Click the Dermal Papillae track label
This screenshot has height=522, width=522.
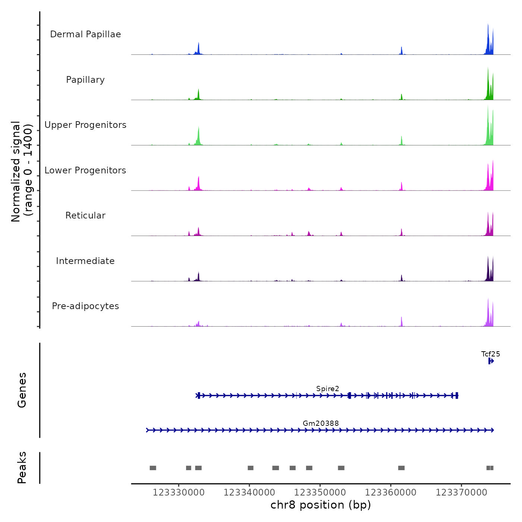pyautogui.click(x=85, y=34)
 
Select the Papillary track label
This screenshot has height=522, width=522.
pyautogui.click(x=85, y=80)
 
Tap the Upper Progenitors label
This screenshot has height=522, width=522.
pyautogui.click(x=85, y=125)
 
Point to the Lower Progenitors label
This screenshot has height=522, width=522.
pyautogui.click(x=85, y=170)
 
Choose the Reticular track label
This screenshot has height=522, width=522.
pyautogui.click(x=85, y=216)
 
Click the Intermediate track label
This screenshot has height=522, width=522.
pyautogui.click(x=85, y=261)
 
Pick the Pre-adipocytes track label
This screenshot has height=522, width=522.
pyautogui.click(x=85, y=306)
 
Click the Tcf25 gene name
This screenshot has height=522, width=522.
pyautogui.click(x=491, y=354)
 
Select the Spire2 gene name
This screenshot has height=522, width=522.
pyautogui.click(x=328, y=389)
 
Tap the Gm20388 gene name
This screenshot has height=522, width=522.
pyautogui.click(x=321, y=424)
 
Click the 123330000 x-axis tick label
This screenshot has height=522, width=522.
pyautogui.click(x=179, y=493)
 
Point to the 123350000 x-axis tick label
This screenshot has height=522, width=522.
pyautogui.click(x=320, y=493)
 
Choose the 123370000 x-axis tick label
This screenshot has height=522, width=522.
pyautogui.click(x=461, y=493)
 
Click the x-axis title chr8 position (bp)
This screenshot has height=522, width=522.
pyautogui.click(x=321, y=505)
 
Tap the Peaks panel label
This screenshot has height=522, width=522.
pyautogui.click(x=22, y=468)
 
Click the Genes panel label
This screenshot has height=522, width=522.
pyautogui.click(x=22, y=390)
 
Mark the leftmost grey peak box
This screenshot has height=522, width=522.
pyautogui.click(x=153, y=468)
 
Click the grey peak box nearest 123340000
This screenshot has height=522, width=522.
pyautogui.click(x=251, y=468)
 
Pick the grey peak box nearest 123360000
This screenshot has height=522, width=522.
pyautogui.click(x=401, y=468)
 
